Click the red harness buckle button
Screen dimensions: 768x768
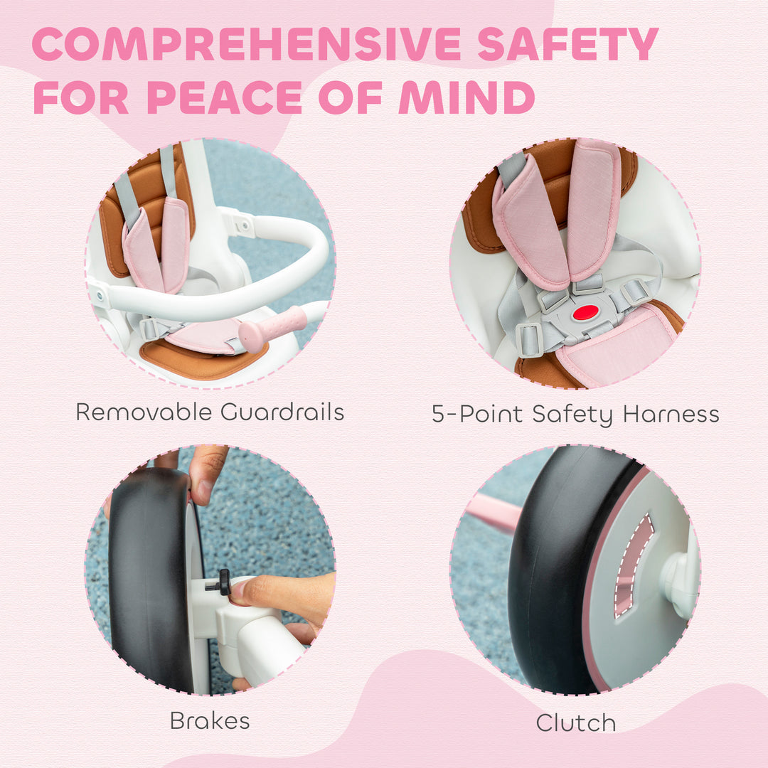coord(585,312)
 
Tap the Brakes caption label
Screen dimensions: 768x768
coord(210,721)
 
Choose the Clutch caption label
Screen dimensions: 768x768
coord(575,722)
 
